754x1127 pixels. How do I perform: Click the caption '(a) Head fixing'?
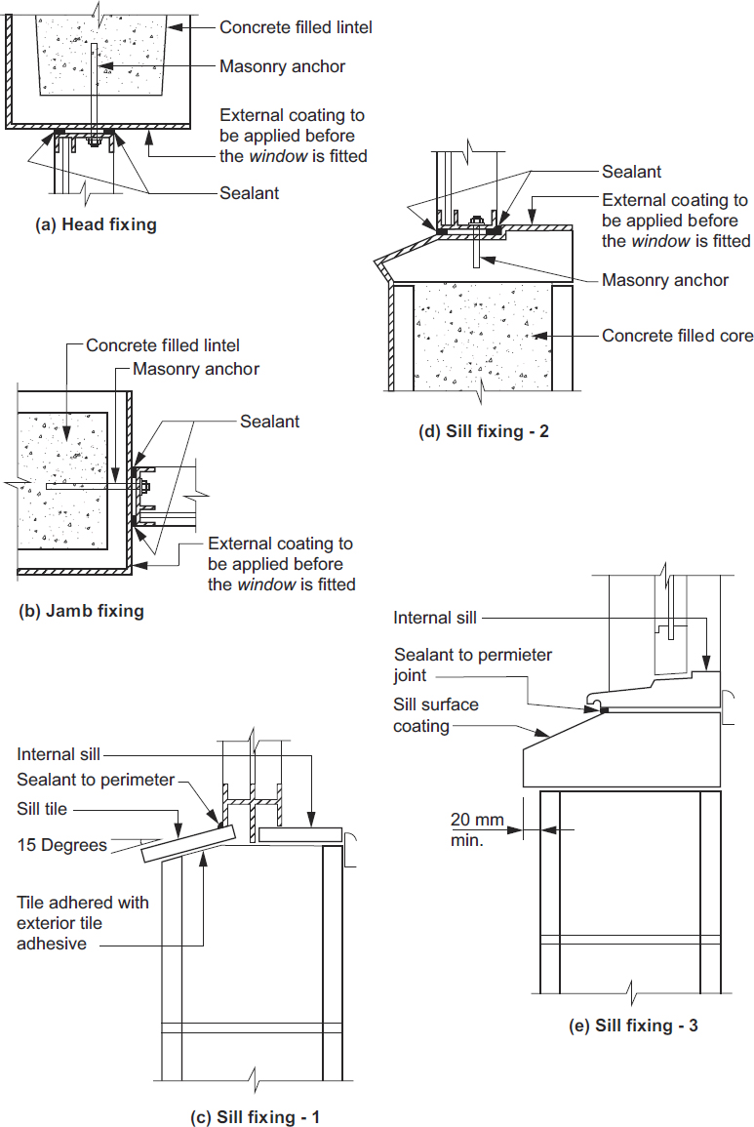click(96, 224)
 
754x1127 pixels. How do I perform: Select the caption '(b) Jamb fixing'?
click(82, 612)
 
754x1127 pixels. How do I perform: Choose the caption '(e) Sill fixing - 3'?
click(633, 1026)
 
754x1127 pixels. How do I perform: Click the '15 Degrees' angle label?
click(60, 845)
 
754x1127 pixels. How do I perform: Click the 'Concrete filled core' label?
click(677, 336)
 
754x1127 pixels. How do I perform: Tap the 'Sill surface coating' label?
click(436, 714)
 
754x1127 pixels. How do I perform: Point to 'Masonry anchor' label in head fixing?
click(282, 66)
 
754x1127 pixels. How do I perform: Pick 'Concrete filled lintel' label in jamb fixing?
click(163, 345)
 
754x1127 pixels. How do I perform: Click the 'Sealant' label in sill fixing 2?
click(631, 172)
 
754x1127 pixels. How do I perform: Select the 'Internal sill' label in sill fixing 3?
click(436, 618)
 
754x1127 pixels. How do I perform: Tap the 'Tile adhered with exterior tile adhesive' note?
click(83, 923)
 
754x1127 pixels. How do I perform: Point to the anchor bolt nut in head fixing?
click(95, 141)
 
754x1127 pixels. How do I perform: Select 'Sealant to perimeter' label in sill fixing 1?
click(96, 780)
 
